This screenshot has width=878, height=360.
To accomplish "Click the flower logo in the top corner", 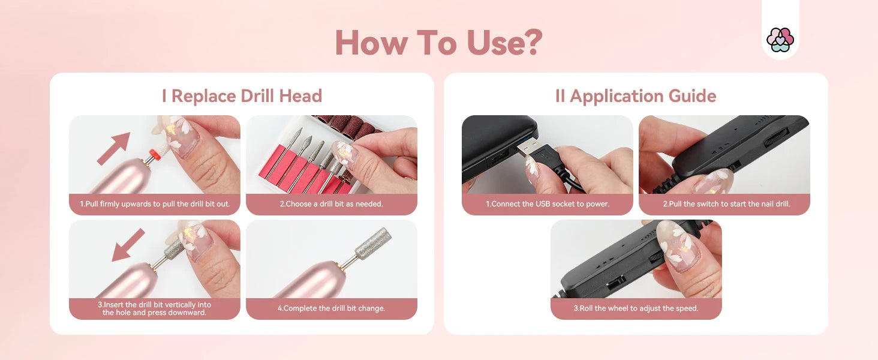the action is (x=780, y=40).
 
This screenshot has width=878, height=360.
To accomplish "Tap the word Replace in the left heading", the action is (x=204, y=97).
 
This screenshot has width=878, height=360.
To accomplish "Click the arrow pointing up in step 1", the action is (x=114, y=148).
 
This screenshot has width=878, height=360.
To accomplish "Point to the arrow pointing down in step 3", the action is (x=128, y=245).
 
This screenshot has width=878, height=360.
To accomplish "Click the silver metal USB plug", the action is (x=530, y=148).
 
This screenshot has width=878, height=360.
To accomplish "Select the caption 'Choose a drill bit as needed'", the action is (x=331, y=204).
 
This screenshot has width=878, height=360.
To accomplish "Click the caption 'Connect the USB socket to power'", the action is (x=548, y=204).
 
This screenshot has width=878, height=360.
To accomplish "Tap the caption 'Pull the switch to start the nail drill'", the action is (x=726, y=204).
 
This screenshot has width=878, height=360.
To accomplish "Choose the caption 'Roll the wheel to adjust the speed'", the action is (x=636, y=308).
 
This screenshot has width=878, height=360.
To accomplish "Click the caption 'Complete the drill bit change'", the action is (x=331, y=308).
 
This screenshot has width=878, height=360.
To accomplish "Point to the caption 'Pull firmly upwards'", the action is (x=155, y=204).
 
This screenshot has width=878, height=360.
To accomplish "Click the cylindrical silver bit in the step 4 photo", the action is (x=373, y=243).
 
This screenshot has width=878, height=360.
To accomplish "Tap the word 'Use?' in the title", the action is (x=504, y=43).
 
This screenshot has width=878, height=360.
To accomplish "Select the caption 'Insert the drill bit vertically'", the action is (x=155, y=308).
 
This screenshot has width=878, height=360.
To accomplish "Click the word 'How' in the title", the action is (x=371, y=43).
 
